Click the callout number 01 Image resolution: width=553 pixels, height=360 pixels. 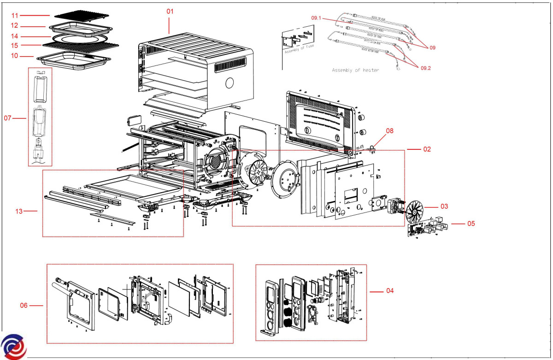tap(170, 11)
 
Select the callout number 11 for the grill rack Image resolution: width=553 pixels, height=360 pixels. tap(15, 16)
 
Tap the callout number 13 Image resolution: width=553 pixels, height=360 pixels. tap(19, 211)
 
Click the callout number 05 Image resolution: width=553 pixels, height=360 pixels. tap(471, 224)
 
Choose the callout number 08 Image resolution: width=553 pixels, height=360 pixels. tap(390, 131)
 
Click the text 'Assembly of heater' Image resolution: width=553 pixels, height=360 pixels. tap(355, 71)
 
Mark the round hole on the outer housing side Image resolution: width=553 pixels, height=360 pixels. tap(229, 83)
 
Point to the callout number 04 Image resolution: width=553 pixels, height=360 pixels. tap(390, 291)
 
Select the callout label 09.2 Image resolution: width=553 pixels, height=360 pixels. tap(426, 68)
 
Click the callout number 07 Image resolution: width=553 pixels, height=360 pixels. tap(8, 118)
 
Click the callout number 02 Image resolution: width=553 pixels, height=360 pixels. tap(427, 149)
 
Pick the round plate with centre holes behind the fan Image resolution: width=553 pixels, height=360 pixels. tap(287, 179)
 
